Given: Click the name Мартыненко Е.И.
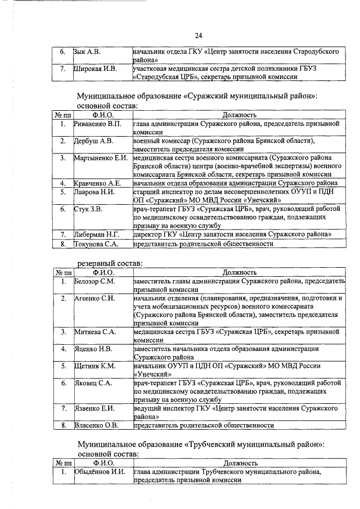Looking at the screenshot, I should click(101, 158).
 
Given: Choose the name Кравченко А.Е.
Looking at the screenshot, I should click(98, 183).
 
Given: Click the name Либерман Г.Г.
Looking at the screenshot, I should click(97, 234).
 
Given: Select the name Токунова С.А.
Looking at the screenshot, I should click(97, 244).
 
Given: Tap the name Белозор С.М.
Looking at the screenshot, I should click(94, 281).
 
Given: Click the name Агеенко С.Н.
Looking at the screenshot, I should click(94, 298).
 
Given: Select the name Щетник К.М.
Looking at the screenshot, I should click(94, 366).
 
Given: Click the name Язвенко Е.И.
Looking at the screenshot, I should click(94, 408).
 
